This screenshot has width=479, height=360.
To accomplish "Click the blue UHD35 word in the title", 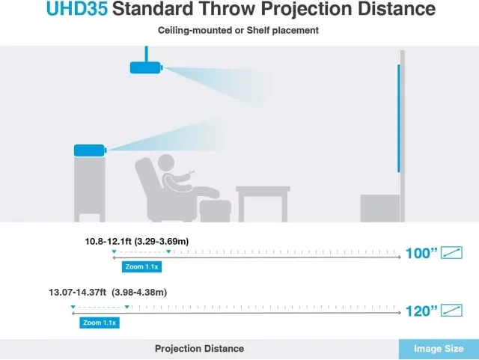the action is pos(77,8).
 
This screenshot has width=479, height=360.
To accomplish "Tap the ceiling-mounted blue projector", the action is pos(146,67).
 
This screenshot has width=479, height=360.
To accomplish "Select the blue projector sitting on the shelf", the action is pos(90,150).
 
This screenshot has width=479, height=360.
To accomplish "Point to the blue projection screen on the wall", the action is pos(399,118).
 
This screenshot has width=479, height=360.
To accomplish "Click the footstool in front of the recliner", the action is pos(215,211).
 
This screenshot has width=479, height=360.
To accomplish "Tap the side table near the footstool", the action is pos(263,204).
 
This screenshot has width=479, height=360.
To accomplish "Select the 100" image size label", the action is pos(421,253).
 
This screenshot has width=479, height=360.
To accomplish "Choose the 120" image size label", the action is pos(421,311).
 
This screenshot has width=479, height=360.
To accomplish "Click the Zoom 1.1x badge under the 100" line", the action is pos(141,266).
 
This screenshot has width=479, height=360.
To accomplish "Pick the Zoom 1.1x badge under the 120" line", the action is pos(100,323).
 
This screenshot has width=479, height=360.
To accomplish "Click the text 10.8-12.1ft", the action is pos(109,242).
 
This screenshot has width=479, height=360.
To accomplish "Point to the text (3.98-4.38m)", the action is pos(139,293).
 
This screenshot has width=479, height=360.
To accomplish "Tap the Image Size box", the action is pos(439,349).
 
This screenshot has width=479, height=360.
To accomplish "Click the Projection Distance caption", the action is pos(200,349).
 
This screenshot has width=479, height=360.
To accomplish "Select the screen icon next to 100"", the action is pos(451,253).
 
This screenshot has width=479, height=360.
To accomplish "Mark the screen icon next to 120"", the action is pos(451,311).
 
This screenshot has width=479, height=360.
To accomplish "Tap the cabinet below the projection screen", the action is pos(380,208).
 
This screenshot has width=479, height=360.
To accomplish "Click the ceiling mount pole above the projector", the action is pos(147,54).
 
